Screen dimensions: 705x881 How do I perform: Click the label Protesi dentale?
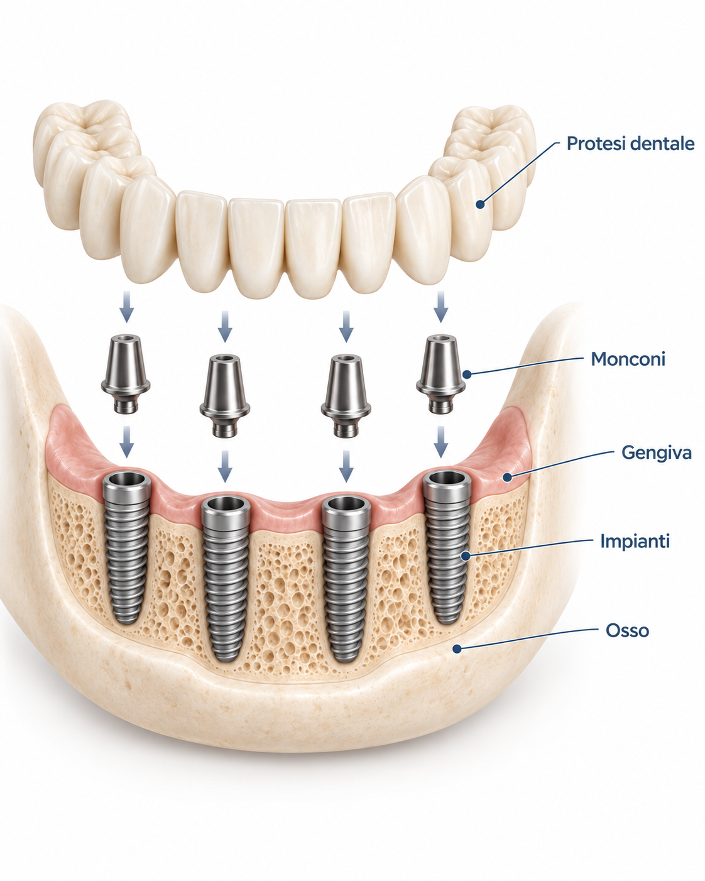point(630,144)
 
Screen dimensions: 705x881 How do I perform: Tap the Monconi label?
point(628,359)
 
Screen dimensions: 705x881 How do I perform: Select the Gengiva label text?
point(656,453)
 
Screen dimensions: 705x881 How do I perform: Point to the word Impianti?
point(635,541)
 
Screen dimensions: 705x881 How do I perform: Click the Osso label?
point(627,630)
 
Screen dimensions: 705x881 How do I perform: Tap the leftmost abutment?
point(126,374)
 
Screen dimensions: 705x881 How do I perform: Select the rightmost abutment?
point(441,374)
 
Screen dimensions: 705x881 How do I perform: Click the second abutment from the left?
point(224,395)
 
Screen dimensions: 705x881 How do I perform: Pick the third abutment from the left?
point(346,395)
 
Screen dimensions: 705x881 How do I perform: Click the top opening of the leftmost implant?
point(126,479)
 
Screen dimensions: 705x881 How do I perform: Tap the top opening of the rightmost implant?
point(447,478)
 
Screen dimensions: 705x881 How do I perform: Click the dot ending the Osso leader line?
point(457,648)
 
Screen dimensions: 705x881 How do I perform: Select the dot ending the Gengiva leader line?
point(507,477)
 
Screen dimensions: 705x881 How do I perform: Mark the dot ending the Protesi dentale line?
point(480,204)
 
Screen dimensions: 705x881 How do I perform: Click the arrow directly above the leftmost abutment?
point(126,307)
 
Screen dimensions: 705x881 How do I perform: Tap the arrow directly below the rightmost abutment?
point(440,442)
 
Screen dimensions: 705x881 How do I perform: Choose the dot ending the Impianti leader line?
point(466,556)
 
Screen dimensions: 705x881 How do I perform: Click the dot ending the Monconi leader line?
point(467,374)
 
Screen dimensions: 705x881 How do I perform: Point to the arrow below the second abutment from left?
point(224,466)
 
